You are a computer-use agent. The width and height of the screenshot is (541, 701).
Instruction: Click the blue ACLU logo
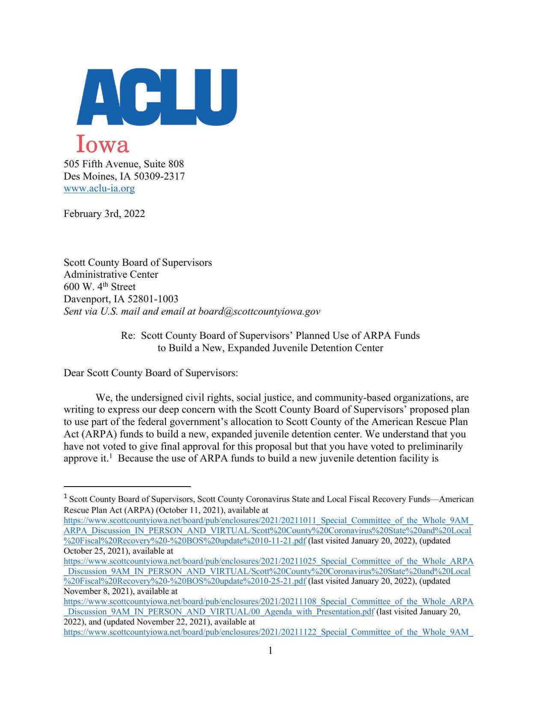[x=157, y=97]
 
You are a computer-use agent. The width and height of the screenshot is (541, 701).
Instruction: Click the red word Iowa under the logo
[x=103, y=144]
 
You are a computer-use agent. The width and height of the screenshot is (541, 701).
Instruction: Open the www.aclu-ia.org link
[x=99, y=188]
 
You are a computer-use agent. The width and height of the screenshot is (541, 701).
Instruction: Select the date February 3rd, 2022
[x=104, y=214]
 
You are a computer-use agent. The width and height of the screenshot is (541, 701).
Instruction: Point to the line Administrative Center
[x=111, y=274]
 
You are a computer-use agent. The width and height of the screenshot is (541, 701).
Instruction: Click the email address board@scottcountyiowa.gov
[x=259, y=312]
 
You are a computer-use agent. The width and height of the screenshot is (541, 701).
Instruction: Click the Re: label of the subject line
[x=128, y=336]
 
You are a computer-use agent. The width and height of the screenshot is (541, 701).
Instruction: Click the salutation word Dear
[x=74, y=373]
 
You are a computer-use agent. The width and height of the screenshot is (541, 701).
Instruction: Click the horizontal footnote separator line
[x=127, y=486]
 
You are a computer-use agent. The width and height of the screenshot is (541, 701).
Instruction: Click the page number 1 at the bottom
[x=270, y=651]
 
